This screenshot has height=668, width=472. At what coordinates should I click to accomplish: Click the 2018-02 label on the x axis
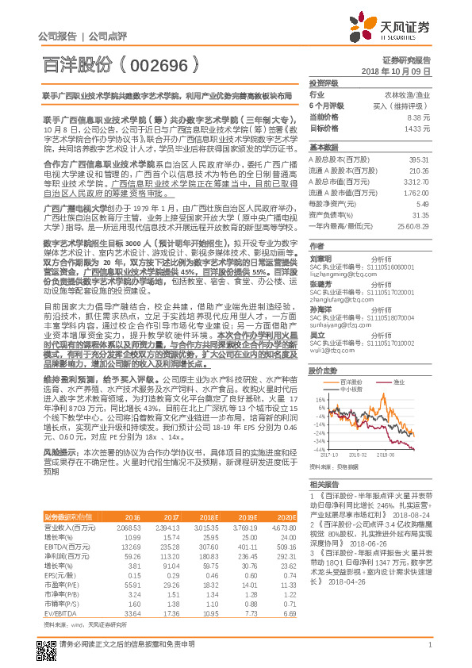pos(355,455)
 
